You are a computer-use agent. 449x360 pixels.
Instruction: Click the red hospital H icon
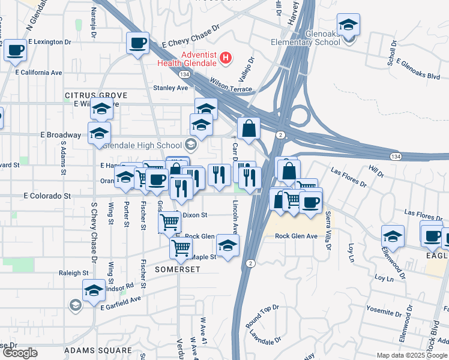pos(226,58)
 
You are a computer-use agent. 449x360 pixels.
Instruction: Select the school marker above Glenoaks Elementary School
pos(348,25)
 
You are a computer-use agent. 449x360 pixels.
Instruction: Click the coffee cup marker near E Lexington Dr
pos(16,50)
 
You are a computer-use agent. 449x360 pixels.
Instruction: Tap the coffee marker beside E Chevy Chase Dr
pos(138,43)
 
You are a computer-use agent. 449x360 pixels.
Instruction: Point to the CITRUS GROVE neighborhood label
pos(96,95)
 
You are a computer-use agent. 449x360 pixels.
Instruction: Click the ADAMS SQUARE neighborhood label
pos(98,350)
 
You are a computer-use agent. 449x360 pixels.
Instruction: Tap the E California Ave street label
pos(39,73)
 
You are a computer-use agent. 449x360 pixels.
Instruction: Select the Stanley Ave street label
pos(170,88)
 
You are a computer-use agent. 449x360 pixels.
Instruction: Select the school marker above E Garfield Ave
pos(94,292)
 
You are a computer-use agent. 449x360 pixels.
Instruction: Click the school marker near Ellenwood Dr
pos(393,237)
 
